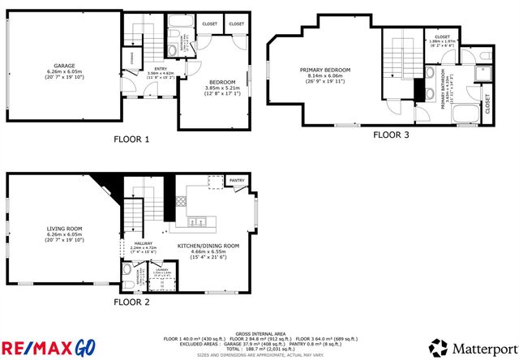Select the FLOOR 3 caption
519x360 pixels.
coord(391,135)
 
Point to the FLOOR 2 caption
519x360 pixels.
coord(131,301)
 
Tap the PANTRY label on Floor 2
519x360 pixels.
coord(237,180)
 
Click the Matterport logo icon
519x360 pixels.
coord(439,347)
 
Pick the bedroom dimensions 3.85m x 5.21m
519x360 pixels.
coord(221,88)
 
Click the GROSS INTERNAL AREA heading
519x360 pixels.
coord(259,332)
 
